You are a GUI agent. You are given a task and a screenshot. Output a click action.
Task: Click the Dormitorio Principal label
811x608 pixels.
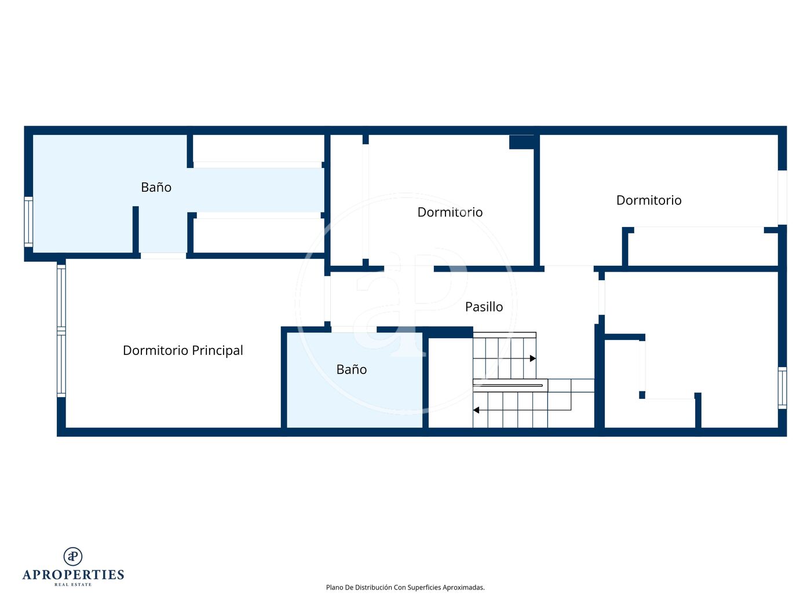click(183, 350)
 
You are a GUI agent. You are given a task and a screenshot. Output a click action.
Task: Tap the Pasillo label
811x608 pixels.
click(484, 307)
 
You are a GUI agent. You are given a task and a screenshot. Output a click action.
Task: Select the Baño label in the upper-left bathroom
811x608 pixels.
click(156, 187)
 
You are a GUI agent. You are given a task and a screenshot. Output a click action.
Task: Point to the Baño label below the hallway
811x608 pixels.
click(352, 369)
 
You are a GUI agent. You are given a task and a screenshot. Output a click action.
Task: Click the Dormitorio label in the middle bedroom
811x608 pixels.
click(450, 213)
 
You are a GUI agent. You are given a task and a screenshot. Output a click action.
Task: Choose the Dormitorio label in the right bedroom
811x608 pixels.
click(649, 200)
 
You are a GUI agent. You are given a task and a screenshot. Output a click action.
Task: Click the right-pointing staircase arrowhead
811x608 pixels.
click(533, 358)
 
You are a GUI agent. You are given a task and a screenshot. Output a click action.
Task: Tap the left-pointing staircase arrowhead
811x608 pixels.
click(476, 410)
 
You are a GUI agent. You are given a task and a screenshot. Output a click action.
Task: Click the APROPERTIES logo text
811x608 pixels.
click(73, 575)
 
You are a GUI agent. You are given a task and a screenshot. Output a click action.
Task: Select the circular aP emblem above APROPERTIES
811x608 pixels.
click(73, 556)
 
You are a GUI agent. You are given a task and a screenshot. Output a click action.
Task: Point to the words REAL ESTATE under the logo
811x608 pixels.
click(73, 585)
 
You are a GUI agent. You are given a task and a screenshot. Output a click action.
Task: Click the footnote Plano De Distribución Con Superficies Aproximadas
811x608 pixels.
click(405, 587)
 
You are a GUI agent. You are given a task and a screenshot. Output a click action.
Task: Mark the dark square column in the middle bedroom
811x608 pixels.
click(522, 142)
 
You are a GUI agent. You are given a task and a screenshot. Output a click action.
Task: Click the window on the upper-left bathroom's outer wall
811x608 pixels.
click(28, 222)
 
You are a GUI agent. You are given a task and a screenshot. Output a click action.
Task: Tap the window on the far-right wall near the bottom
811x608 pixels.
click(782, 387)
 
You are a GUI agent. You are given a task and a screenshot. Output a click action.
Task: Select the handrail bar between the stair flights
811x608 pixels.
click(510, 386)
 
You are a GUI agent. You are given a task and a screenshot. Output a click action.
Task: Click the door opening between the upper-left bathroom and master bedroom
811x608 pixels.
click(163, 256)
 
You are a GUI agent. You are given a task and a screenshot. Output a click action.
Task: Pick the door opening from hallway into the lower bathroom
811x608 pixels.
click(354, 329)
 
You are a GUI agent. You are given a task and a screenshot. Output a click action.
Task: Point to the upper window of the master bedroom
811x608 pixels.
click(61, 296)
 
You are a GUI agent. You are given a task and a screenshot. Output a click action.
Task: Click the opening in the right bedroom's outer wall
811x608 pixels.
click(782, 197)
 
